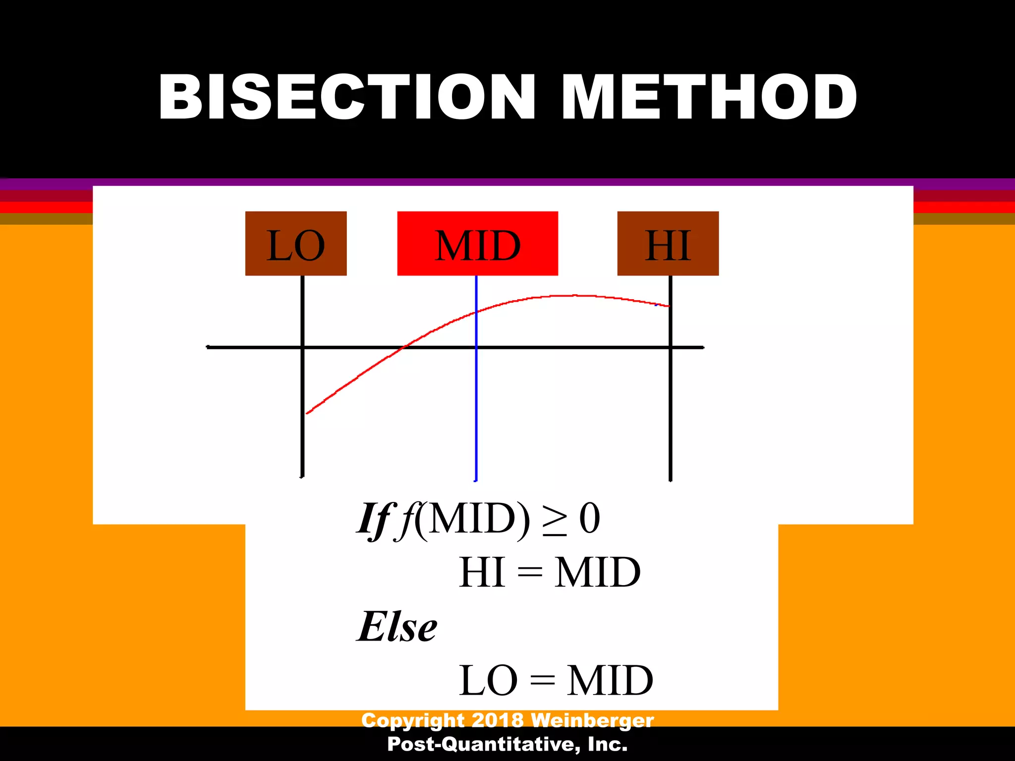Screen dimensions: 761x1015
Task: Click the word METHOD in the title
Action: click(x=709, y=97)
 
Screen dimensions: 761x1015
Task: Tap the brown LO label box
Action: click(x=296, y=244)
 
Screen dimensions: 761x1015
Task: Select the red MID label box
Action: click(x=477, y=244)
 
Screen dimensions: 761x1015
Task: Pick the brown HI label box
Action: click(x=668, y=244)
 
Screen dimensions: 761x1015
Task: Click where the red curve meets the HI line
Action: click(x=670, y=306)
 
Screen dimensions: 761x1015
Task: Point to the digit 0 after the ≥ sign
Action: click(x=590, y=519)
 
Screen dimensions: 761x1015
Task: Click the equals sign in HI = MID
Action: click(x=529, y=573)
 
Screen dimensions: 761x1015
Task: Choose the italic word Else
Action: click(x=396, y=627)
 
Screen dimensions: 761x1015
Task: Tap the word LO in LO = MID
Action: click(x=488, y=681)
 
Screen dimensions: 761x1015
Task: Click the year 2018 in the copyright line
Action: click(x=498, y=720)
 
